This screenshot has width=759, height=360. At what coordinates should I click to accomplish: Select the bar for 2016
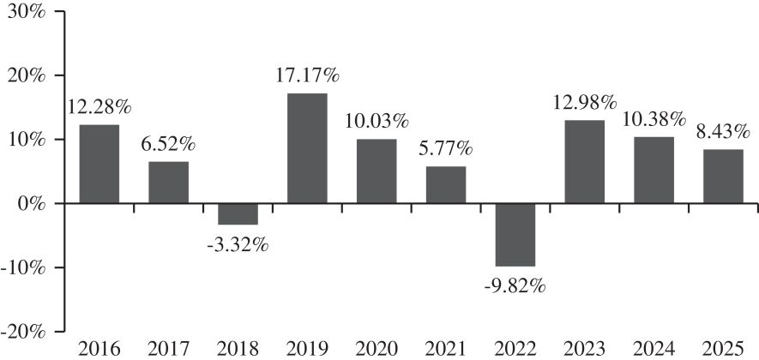pos(99,164)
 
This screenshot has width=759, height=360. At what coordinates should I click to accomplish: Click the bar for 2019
pos(307,148)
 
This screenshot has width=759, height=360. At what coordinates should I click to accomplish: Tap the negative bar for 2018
pos(238,214)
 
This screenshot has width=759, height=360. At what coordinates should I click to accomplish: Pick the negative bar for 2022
pos(515,235)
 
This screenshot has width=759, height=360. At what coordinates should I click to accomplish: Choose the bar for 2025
pos(724,176)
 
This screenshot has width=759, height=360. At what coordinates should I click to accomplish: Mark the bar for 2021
pos(446,185)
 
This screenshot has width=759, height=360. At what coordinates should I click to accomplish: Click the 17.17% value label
pos(309,76)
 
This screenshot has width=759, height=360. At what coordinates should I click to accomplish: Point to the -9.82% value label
pos(515,286)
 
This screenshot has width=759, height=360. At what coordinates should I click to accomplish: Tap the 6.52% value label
pos(169,145)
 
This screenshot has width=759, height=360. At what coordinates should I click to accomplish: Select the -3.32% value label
pos(238,245)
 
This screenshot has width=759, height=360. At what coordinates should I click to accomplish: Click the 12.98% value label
pos(585,103)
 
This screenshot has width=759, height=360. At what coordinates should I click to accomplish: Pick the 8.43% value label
pos(724,132)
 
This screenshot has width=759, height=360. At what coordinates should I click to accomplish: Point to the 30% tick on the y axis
pos(59,11)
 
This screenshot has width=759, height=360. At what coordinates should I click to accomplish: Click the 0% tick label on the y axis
pos(31,204)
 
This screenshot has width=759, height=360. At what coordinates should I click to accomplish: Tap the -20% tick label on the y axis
pos(23,332)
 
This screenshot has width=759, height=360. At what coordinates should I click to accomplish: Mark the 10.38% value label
pos(654,119)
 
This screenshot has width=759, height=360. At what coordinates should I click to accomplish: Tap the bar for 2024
pos(654,170)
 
